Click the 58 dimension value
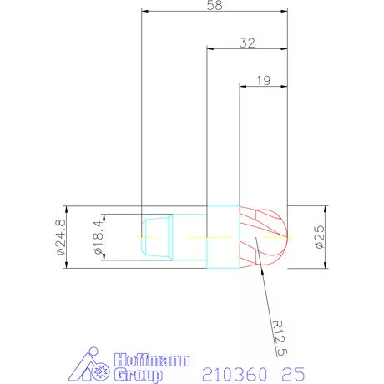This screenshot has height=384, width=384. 215,5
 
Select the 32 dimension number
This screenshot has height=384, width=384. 247,43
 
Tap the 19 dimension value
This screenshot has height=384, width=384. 263,81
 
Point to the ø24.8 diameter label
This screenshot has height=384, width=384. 61,237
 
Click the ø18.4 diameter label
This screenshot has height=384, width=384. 99,237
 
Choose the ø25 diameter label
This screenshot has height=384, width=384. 320,237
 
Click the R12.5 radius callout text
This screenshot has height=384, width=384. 279,338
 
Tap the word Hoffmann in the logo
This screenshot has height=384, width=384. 152,360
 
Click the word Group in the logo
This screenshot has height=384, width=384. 139,375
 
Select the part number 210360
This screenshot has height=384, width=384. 235,374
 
